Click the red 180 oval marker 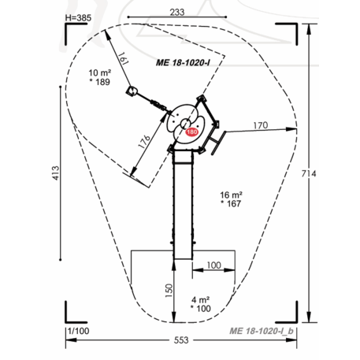tap(191, 132)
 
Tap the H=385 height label tap(78, 18)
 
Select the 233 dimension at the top tap(177, 12)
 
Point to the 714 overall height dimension tap(309, 173)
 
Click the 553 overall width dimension tap(181, 340)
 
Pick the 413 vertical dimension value tap(56, 173)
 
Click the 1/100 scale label tap(78, 331)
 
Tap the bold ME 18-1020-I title tap(183, 63)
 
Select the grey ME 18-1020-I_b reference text tap(262, 331)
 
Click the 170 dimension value tap(261, 125)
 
